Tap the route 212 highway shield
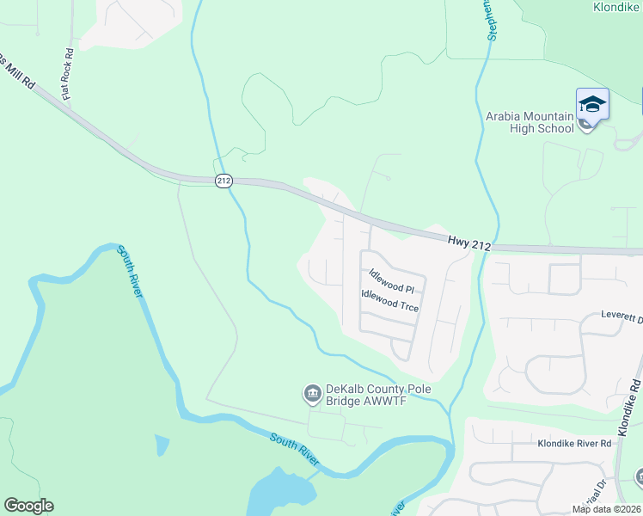click(224, 181)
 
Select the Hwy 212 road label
click(468, 245)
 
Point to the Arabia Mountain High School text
click(530, 122)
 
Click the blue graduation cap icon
click(592, 105)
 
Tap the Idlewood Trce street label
click(389, 302)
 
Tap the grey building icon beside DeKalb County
click(310, 395)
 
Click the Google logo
click(28, 506)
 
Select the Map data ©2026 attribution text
click(605, 509)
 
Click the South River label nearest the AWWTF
click(293, 449)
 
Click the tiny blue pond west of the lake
click(162, 445)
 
